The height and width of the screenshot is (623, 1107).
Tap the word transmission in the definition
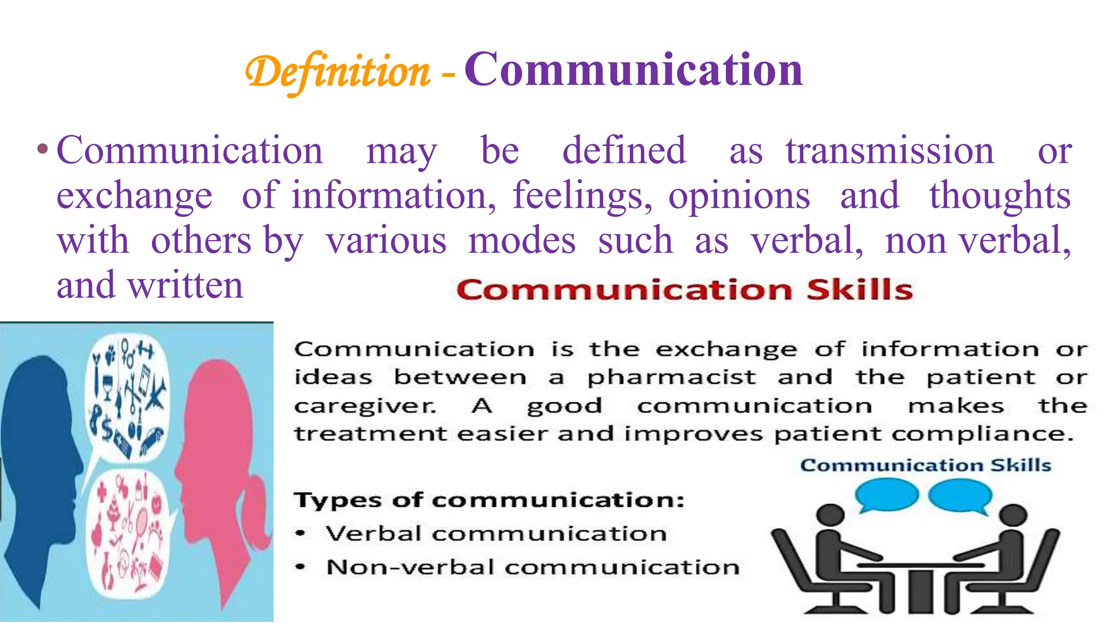point(890,151)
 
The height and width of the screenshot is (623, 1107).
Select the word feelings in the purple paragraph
point(582,196)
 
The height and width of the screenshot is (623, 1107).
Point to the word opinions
point(739,196)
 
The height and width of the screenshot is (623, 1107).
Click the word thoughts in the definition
point(999,196)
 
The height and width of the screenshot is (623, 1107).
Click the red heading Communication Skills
point(684,290)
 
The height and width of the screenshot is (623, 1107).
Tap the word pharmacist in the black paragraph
point(671,377)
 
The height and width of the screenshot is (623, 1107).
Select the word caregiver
point(365,406)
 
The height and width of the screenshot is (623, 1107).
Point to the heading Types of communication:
point(489,500)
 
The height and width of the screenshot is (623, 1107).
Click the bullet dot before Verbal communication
point(301,534)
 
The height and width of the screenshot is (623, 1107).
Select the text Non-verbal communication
point(532,567)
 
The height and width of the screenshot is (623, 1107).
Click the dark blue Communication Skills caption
point(925,465)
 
